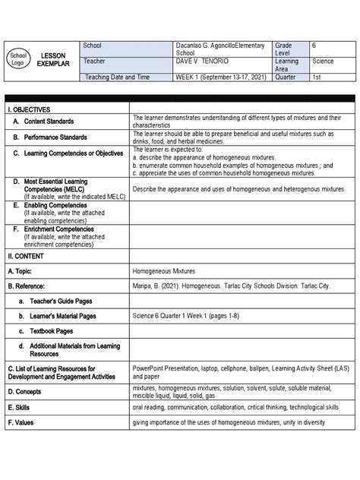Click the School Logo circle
pos(17,60)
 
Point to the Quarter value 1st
pos(317,77)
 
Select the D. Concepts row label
pos(28,391)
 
